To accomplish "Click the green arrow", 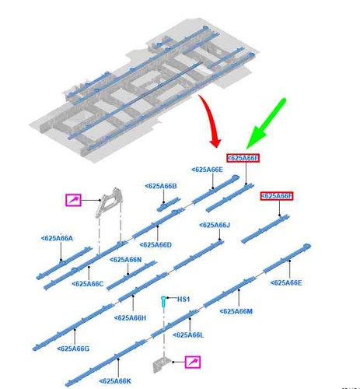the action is [x=267, y=122].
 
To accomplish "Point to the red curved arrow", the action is [x=211, y=120].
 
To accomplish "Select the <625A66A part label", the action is [x=57, y=238].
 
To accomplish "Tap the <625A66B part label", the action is [x=161, y=186].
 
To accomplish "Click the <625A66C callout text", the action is [x=88, y=284].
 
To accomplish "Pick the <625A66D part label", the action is [x=156, y=245].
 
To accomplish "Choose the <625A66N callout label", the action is [x=125, y=260].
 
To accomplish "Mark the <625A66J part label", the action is [x=215, y=225].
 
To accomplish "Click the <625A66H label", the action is [x=130, y=318].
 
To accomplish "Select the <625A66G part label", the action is [x=73, y=349].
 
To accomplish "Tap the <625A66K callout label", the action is [x=115, y=381].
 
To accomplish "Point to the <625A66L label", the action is [x=188, y=335].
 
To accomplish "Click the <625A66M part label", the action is [x=236, y=311].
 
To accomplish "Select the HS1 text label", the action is [x=183, y=300].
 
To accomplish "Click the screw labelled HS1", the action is [x=163, y=302].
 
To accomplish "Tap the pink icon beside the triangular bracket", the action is [x=74, y=200].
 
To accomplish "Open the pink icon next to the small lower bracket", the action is [x=193, y=362].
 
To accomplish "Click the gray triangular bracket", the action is [x=108, y=202].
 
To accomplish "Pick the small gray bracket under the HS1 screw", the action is [x=162, y=365].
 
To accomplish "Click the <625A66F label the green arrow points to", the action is [x=243, y=158].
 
